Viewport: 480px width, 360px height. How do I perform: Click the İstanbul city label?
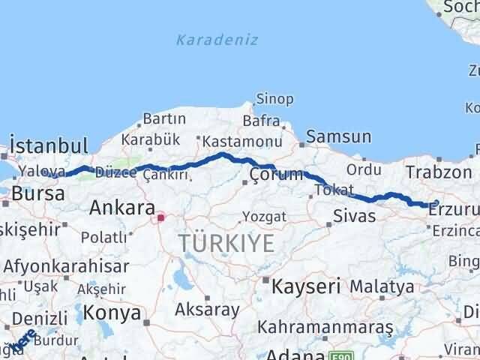pos(49,145)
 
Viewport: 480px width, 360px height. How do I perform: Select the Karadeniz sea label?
pos(217,40)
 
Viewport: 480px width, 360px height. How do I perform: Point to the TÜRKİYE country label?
pos(226,243)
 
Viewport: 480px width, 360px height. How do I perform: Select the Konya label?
pos(112,312)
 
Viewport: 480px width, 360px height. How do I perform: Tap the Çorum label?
pos(276,175)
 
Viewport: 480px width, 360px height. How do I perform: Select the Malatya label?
pos(382,286)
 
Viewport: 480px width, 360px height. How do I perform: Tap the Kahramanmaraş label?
pos(325,327)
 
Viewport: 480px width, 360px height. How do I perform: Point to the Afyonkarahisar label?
pos(66,265)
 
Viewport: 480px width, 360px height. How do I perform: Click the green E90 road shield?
pos(340,355)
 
